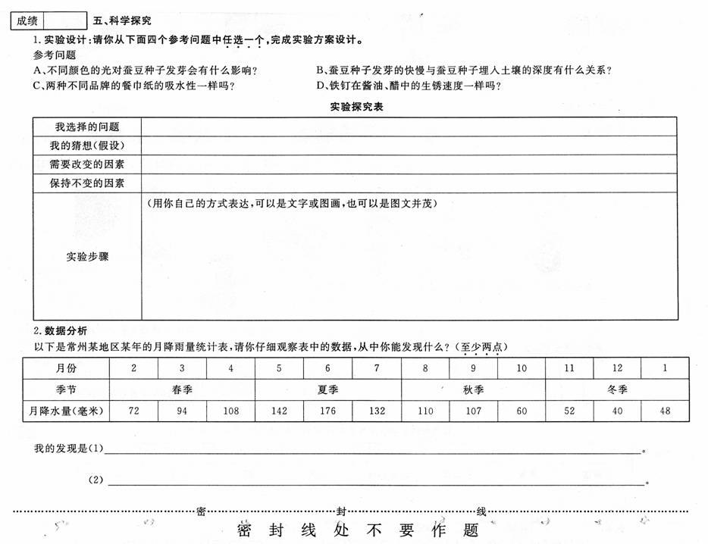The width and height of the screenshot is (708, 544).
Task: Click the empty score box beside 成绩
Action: pyautogui.click(x=65, y=20)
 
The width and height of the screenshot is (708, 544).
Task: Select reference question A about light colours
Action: pyautogui.click(x=146, y=70)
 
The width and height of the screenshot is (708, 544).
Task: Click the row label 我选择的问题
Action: pyautogui.click(x=87, y=127)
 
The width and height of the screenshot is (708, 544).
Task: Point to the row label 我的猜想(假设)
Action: pyautogui.click(x=87, y=145)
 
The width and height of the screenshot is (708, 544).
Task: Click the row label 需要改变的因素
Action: pyautogui.click(x=87, y=164)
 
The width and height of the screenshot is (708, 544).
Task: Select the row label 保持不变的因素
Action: pyautogui.click(x=87, y=183)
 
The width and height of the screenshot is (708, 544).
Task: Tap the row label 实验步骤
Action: pyautogui.click(x=87, y=257)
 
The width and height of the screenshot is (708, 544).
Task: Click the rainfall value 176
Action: pyautogui.click(x=327, y=411)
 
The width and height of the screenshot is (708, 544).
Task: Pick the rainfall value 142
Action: pyautogui.click(x=280, y=411)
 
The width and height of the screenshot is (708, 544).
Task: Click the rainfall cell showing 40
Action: pyautogui.click(x=617, y=411)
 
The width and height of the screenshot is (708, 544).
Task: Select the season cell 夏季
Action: pyautogui.click(x=327, y=389)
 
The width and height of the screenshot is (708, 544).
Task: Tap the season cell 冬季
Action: pyautogui.click(x=617, y=389)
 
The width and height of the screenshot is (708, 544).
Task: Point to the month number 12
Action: pyautogui.click(x=617, y=368)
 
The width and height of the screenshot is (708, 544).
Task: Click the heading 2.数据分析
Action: pyautogui.click(x=61, y=331)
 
